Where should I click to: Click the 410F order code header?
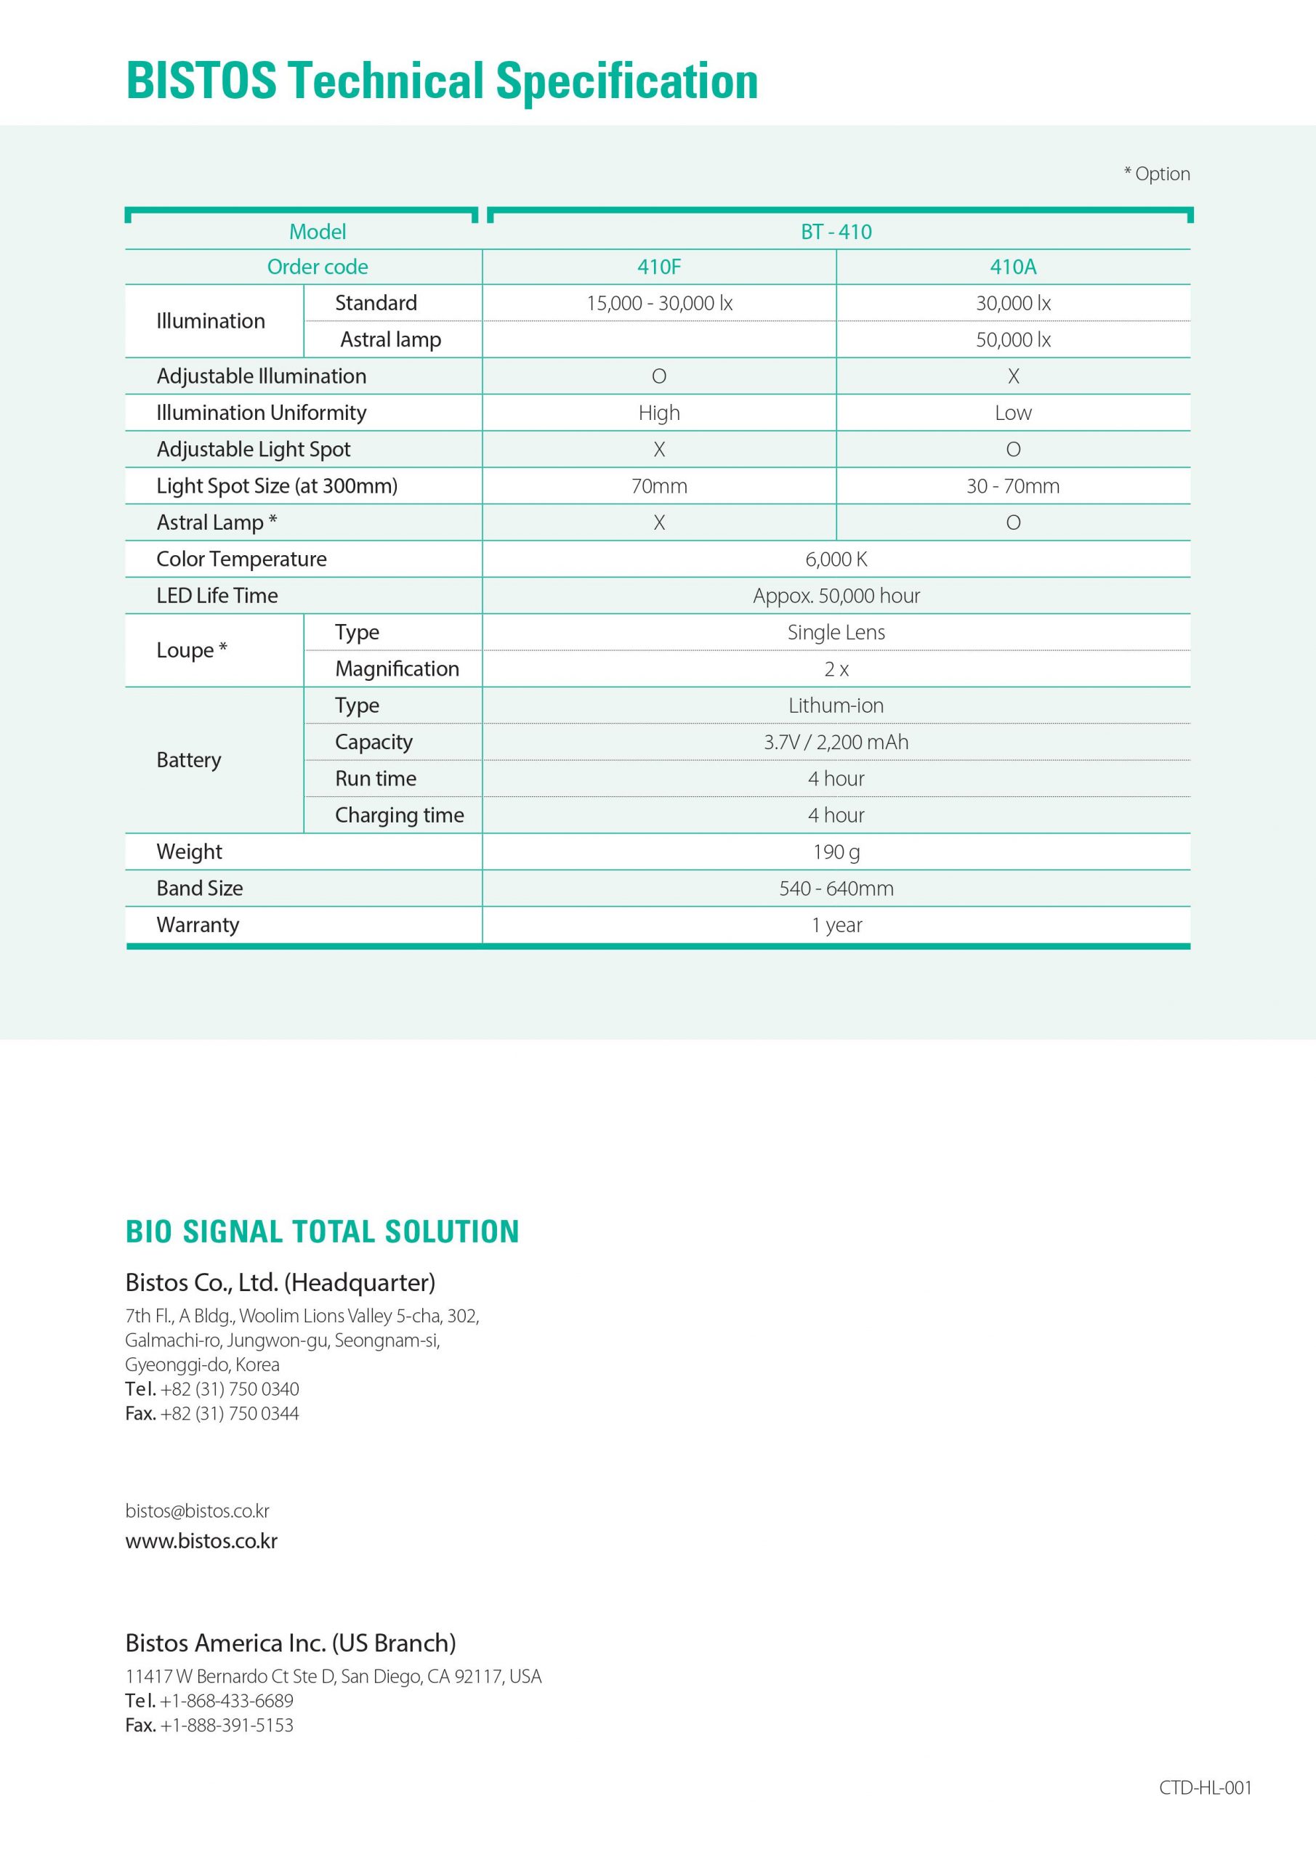point(658,267)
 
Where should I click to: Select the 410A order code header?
point(1012,267)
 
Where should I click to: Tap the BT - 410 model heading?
point(836,232)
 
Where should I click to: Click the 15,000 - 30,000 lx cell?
point(659,303)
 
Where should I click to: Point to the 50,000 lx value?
point(1012,339)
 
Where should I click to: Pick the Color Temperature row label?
point(241,559)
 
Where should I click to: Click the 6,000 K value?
point(836,559)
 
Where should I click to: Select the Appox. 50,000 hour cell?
point(836,596)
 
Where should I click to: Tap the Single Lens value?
point(836,632)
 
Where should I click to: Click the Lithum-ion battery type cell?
point(836,705)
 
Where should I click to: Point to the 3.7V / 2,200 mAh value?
point(836,742)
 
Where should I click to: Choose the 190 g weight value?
point(836,852)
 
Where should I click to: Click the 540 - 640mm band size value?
point(836,888)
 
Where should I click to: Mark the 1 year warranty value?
point(836,924)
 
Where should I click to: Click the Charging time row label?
point(399,815)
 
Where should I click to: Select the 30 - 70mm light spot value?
point(1012,486)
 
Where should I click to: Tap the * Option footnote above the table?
point(1156,174)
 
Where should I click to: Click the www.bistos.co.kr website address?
point(201,1540)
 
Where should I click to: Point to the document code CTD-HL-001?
point(1204,1787)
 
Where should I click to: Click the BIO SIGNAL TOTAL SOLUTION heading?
point(322,1232)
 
